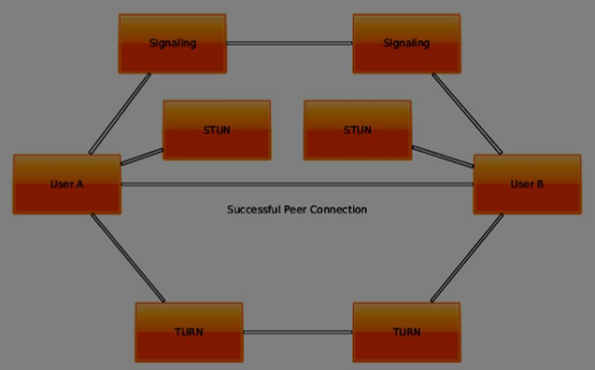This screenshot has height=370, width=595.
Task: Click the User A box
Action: coord(66,184)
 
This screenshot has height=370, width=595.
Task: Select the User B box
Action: coord(527,184)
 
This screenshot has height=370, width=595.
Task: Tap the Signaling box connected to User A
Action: coord(173,44)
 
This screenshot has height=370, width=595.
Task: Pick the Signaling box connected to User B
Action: coord(407,44)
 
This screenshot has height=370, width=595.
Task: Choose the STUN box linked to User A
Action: coord(216,130)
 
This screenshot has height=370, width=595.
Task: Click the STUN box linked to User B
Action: coord(357,130)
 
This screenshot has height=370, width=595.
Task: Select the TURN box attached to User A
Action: coord(188,332)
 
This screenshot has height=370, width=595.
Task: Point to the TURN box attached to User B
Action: coord(407,332)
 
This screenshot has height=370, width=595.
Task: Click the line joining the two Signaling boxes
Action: coord(290,43)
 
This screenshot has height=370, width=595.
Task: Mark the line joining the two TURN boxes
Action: coord(297,332)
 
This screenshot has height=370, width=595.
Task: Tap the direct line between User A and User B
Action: coord(297,184)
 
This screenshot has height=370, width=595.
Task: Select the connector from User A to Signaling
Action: coord(121,113)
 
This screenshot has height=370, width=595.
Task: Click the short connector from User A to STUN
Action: coord(142,157)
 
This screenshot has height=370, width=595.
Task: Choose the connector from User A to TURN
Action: coord(128,258)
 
